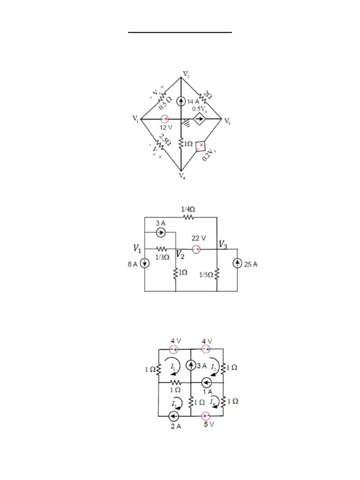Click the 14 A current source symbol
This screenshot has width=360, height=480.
[181, 101]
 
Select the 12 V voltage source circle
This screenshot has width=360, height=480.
[165, 120]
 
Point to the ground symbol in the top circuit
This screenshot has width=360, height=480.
[187, 123]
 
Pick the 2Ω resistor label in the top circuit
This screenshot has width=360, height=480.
[207, 95]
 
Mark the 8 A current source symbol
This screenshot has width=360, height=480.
[145, 263]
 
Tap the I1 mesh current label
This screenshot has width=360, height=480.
[173, 365]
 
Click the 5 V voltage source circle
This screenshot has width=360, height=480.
[205, 416]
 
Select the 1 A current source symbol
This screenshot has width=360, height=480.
[205, 382]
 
